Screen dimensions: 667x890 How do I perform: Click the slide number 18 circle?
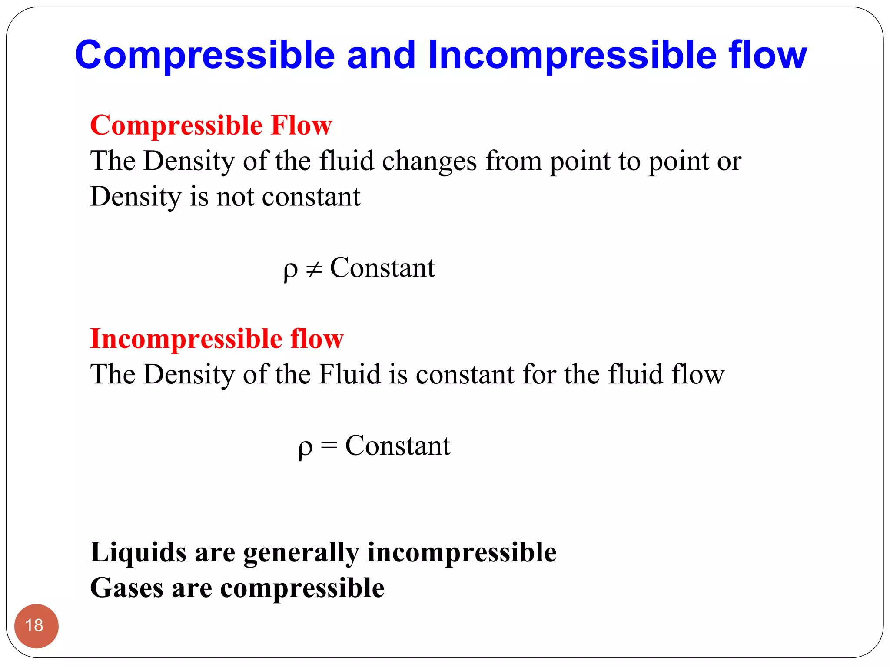click(36, 626)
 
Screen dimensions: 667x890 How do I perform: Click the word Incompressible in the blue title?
click(572, 55)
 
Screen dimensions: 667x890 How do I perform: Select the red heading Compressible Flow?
click(211, 125)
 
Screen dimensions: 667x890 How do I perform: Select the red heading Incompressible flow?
click(216, 338)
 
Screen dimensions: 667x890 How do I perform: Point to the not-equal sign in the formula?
click(314, 270)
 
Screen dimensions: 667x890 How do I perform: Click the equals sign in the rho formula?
click(329, 446)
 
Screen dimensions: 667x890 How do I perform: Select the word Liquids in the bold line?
click(138, 552)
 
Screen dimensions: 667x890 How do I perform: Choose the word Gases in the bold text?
click(126, 588)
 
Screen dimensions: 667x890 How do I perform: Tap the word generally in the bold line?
click(301, 553)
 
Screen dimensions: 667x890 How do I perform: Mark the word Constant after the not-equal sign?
click(382, 268)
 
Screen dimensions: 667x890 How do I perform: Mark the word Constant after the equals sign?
click(398, 446)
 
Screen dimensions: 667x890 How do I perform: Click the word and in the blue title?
click(381, 55)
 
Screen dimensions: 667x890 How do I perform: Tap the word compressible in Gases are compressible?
click(302, 589)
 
